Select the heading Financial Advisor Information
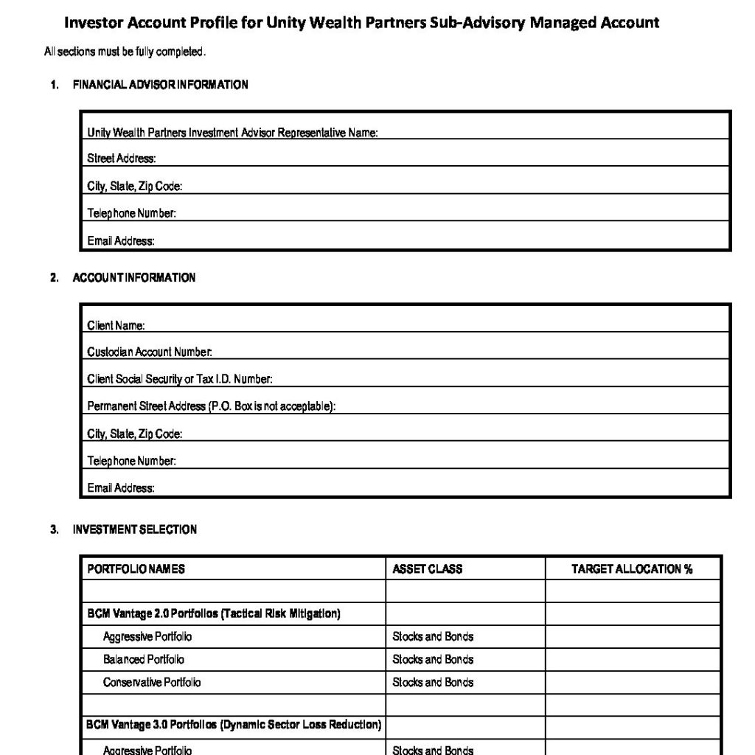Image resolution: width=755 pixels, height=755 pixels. click(160, 85)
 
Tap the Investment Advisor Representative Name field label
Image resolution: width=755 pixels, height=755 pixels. click(232, 133)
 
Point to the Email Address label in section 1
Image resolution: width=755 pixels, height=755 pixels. click(121, 241)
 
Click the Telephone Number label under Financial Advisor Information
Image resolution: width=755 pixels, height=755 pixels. click(131, 214)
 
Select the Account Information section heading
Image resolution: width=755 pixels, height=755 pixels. click(133, 278)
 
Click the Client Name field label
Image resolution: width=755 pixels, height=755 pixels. click(116, 325)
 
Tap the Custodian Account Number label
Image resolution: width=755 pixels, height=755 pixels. click(150, 352)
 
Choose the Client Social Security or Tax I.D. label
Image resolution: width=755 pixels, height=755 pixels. click(180, 379)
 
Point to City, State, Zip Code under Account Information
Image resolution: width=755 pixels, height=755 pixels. click(134, 434)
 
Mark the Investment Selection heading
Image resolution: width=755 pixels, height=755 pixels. click(134, 529)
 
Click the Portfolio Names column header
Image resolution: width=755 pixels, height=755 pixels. click(136, 569)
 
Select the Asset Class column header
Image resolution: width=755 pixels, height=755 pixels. click(427, 569)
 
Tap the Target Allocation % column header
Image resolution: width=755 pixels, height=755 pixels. click(632, 569)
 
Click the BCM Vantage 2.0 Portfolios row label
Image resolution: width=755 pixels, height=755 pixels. click(213, 614)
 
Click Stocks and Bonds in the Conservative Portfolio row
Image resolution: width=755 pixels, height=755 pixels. click(433, 682)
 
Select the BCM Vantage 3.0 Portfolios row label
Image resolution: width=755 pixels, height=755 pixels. click(234, 726)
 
